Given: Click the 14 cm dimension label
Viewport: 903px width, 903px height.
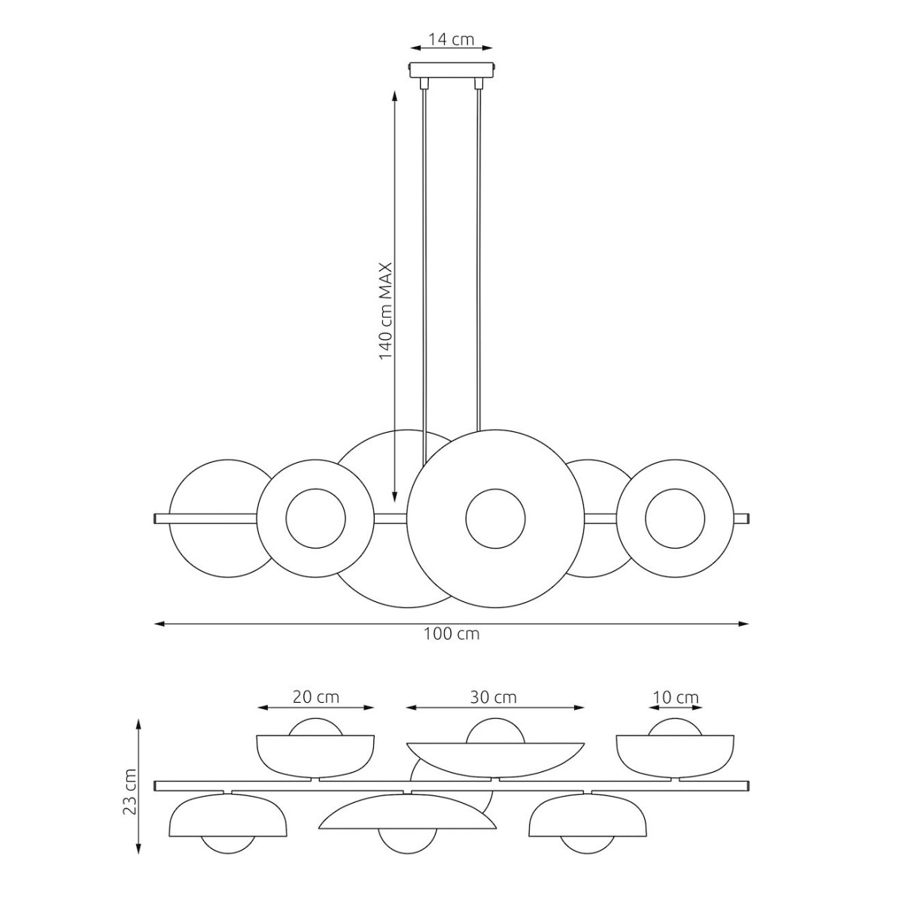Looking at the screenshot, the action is pyautogui.click(x=451, y=39).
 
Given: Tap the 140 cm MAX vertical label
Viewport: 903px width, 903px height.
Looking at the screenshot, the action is pyautogui.click(x=385, y=310).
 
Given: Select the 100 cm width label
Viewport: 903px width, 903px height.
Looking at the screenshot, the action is pyautogui.click(x=451, y=634).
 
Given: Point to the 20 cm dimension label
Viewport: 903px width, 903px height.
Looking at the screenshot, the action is pyautogui.click(x=315, y=710).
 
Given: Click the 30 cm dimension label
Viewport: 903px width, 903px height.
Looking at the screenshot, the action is pyautogui.click(x=494, y=710).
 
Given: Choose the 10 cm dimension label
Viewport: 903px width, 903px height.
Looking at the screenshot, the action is pyautogui.click(x=675, y=710).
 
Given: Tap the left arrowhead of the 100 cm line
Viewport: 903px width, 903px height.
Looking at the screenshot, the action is pyautogui.click(x=160, y=624).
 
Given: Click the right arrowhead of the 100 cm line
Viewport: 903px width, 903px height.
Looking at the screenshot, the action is pyautogui.click(x=743, y=624).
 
